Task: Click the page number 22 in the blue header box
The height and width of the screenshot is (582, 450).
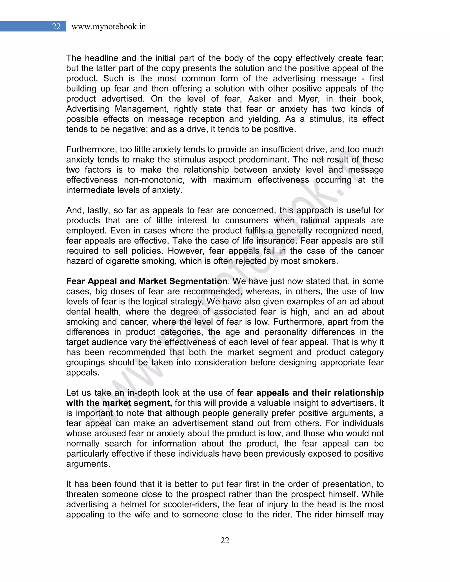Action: tap(56, 26)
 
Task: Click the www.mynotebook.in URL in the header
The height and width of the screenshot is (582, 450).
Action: tap(109, 27)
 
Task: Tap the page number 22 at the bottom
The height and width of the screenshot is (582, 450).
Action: tap(225, 540)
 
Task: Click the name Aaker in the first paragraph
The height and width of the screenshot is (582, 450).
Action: tap(259, 99)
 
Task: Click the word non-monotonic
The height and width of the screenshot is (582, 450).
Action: tap(154, 180)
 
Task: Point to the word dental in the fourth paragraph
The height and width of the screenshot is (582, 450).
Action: tap(78, 311)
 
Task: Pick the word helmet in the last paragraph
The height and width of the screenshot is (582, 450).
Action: tap(132, 504)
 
